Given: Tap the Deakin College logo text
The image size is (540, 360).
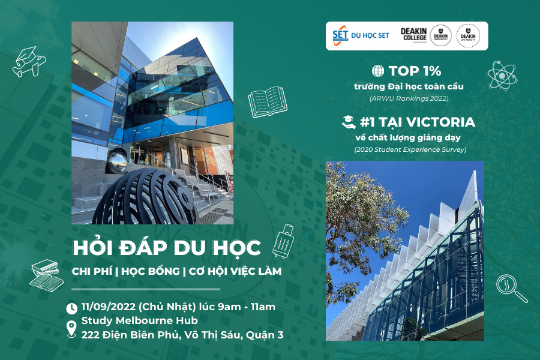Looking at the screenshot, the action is coord(413,34).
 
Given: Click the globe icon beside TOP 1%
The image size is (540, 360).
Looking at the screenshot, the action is coord(378,71).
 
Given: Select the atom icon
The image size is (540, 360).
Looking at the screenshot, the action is coord(502,75).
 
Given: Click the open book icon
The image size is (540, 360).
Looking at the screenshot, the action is coord(268,101).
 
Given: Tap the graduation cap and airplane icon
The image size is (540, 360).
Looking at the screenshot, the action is coord(29,62).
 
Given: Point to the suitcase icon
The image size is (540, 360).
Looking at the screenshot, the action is coord(283,241).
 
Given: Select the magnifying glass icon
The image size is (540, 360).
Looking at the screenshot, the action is coord(511,289).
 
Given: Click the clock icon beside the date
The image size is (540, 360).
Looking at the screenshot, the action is coord(71,308).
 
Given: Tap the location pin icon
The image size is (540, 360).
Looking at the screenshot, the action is coord(71,329).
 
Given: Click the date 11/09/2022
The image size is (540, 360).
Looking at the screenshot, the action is coord(108,307).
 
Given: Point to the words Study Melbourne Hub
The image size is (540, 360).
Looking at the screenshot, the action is coord(139,321).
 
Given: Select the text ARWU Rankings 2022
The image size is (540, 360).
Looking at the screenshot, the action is coord(409,98).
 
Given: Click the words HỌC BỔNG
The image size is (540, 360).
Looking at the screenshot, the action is coord(151,271).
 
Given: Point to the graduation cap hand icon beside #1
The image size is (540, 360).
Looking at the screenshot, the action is coord(349,122).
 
